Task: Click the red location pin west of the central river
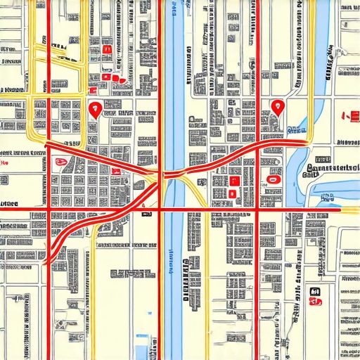tap(94, 108)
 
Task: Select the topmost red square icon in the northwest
tap(107, 50)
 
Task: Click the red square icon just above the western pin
tap(106, 77)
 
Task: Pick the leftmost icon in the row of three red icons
tap(106, 77)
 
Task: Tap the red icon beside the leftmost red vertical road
tap(60, 162)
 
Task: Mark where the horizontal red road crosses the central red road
tap(162, 209)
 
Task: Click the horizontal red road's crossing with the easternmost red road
tap(258, 209)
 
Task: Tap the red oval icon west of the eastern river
tap(272, 178)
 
